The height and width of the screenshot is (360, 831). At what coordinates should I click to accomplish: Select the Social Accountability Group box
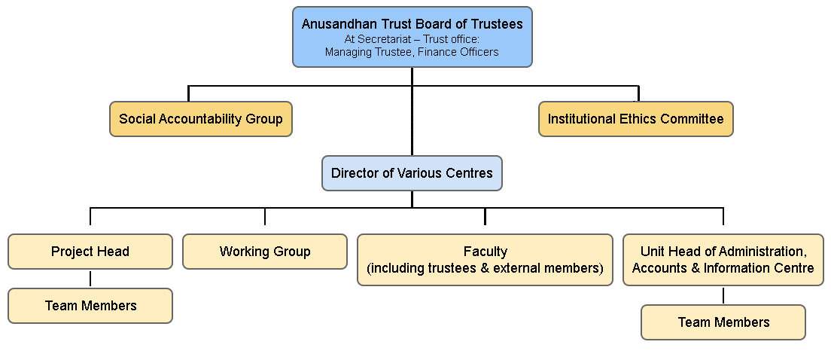[201, 119]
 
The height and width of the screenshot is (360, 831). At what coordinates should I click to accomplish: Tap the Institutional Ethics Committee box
[635, 119]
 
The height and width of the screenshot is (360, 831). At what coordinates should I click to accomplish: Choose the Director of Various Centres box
[412, 173]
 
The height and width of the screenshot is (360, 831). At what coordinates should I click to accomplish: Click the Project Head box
[90, 252]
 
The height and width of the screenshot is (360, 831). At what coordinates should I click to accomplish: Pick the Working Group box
[265, 252]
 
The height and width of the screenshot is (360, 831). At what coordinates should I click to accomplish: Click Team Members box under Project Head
[90, 306]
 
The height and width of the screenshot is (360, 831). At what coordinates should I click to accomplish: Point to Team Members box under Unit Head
[723, 322]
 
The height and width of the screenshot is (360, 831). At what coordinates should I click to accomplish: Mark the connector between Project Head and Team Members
[90, 279]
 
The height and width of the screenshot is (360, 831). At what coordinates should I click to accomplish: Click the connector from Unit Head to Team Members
[723, 295]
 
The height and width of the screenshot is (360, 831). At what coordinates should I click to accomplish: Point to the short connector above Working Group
[265, 216]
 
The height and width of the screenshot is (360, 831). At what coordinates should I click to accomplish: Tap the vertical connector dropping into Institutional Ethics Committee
[638, 93]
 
